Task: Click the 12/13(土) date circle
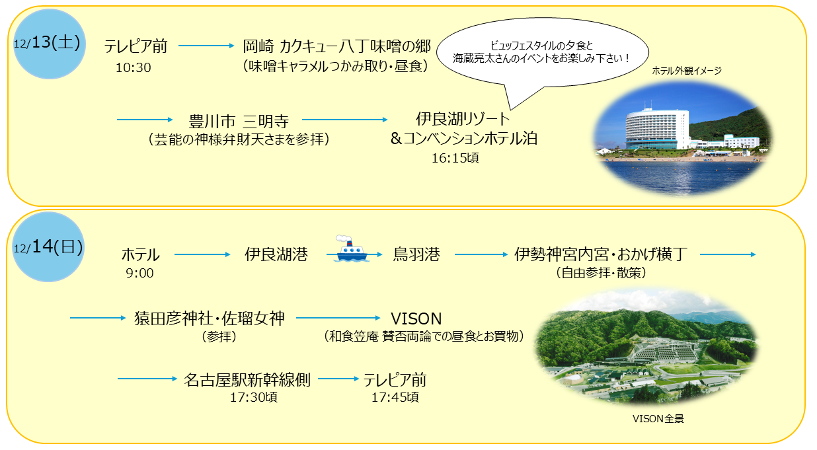coord(49,44)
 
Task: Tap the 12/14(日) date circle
coord(48,247)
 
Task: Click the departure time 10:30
coord(133,67)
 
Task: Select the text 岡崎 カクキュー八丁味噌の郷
coord(336,46)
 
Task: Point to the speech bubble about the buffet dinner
coord(543,54)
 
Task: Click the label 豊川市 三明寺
coord(239,122)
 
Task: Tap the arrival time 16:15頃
coord(455,159)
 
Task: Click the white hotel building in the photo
coord(657,129)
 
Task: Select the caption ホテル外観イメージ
coord(686,71)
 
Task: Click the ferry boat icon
coord(350,248)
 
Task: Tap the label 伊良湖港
coord(276,254)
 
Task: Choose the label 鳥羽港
coord(416,254)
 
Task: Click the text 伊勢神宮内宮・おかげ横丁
coord(601,254)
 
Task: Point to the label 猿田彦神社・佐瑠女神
coord(210,319)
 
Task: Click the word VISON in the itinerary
coord(416,319)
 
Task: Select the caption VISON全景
coord(658,419)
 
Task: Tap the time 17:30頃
coord(253,397)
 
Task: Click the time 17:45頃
coord(395,397)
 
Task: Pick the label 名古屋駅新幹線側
coord(247,379)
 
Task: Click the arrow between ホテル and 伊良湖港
coord(202,254)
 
